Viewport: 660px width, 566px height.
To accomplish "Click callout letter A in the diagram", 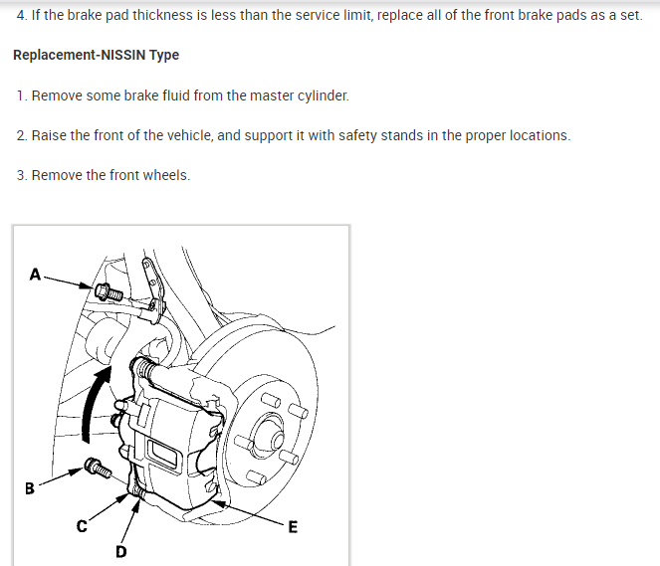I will [36, 274].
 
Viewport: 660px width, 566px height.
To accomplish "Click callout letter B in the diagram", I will [29, 488].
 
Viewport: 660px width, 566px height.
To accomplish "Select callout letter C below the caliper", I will [84, 527].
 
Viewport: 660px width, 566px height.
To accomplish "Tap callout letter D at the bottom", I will [120, 552].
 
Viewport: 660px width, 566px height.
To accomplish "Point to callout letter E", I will [292, 527].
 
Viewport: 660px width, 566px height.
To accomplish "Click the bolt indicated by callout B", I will [97, 465].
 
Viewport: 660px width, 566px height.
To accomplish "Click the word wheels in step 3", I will [165, 175].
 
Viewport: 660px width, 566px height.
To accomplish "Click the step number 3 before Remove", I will [22, 175].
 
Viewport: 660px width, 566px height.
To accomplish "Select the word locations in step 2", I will [539, 135].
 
